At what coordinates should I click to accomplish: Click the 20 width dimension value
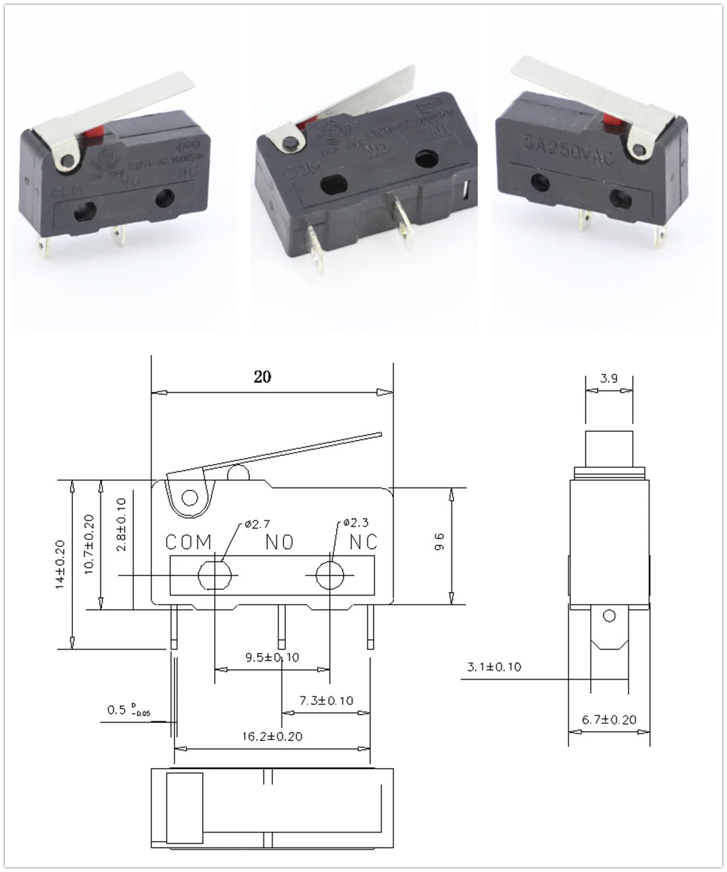click(x=262, y=377)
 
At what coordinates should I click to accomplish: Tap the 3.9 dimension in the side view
click(x=608, y=378)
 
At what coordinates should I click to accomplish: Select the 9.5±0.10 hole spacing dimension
click(x=272, y=657)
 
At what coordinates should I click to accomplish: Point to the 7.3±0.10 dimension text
click(x=326, y=700)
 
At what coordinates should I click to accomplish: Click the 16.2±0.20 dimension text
click(x=272, y=737)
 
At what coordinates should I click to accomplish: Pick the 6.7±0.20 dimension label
click(x=609, y=720)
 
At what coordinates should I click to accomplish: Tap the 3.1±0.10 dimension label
click(x=494, y=667)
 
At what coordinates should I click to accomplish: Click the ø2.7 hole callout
click(x=257, y=524)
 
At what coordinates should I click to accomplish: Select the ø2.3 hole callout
click(x=356, y=523)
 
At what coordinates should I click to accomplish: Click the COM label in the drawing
click(x=188, y=542)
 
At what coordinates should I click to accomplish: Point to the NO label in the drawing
click(x=279, y=542)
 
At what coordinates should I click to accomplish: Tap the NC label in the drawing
click(x=363, y=542)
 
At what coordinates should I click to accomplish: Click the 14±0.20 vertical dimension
click(x=60, y=564)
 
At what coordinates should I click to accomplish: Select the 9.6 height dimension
click(x=439, y=542)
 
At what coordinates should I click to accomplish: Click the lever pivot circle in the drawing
click(x=190, y=498)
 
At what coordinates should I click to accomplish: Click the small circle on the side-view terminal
click(x=609, y=616)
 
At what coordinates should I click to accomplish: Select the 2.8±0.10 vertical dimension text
click(x=121, y=525)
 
